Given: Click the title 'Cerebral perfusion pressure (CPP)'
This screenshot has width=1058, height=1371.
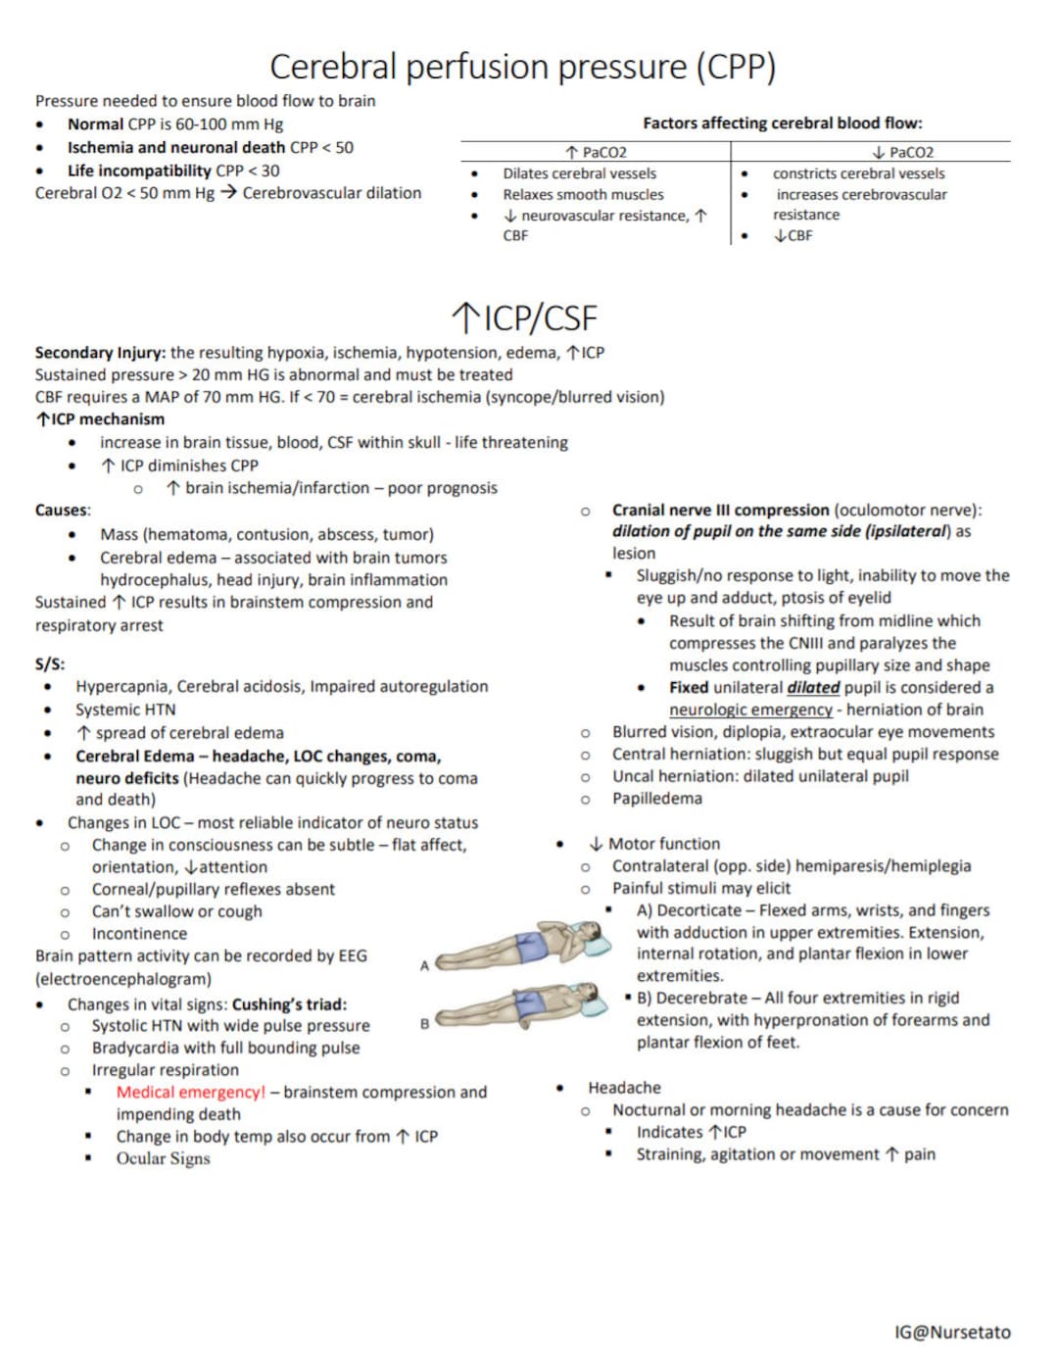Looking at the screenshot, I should point(522,67).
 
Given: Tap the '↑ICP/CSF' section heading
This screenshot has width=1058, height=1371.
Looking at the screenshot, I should point(524,318).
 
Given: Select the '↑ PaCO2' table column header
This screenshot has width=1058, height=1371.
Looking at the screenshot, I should point(596,152).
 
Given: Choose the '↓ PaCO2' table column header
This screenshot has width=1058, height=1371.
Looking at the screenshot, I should point(902,152).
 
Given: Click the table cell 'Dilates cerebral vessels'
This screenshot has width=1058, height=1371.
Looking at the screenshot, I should point(579,173).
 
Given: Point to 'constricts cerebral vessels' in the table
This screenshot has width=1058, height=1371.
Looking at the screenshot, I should point(858,173).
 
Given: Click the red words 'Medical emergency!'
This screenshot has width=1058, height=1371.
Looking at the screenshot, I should point(190,1092).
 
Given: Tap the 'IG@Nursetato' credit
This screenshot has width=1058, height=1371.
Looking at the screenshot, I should point(952,1332).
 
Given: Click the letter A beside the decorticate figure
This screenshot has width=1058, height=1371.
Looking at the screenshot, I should point(424,965).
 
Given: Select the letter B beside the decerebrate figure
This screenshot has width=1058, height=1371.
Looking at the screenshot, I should point(424,1023).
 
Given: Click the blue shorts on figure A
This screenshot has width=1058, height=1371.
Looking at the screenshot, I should point(531,947).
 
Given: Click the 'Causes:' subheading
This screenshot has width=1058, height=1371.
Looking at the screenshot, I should point(63,510).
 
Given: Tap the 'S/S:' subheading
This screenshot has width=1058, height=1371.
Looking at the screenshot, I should point(50,663).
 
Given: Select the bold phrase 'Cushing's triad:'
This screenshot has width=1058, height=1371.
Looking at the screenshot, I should point(289,1004).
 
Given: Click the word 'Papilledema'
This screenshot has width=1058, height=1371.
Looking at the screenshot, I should point(656,798).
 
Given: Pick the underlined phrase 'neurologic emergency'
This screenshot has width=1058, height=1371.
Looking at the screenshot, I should point(750,710).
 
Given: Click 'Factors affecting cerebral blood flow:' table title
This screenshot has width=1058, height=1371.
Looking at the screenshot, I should point(782,122).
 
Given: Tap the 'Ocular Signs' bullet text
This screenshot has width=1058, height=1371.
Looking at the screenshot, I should point(163,1158).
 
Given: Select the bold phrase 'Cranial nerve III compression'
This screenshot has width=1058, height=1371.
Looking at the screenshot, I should point(720,510).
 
